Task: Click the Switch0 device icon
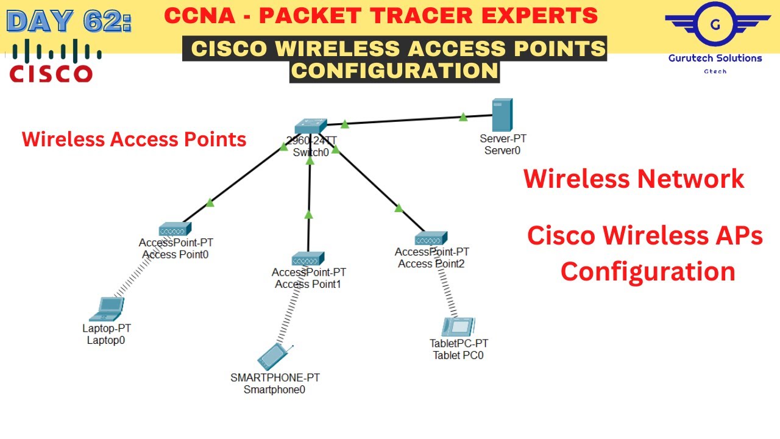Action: point(310,126)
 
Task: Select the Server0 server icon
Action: point(502,115)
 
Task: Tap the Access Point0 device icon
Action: point(175,230)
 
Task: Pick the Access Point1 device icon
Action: point(308,259)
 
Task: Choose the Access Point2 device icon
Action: point(431,238)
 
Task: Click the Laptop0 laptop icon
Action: point(107,309)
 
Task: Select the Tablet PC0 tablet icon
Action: point(459,328)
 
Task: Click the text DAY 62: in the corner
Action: point(68,21)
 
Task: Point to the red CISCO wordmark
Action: point(51,74)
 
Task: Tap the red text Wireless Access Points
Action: point(134,140)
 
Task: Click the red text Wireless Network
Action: point(634,179)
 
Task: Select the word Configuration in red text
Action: point(647,271)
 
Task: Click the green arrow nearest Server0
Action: point(463,116)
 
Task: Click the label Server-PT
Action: point(503,139)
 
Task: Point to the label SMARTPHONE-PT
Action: point(275,377)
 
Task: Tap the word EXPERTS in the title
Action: point(540,16)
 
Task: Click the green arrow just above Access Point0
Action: point(210,202)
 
